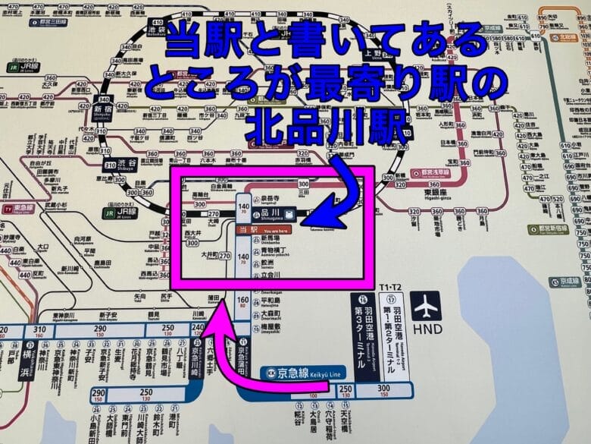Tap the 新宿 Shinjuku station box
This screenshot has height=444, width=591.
104,111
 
